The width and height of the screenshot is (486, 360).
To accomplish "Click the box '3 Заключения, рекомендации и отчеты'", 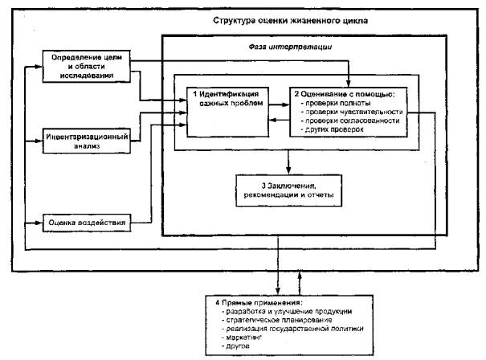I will pos(288,191).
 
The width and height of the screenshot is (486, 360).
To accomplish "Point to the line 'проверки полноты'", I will pos(338,103).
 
